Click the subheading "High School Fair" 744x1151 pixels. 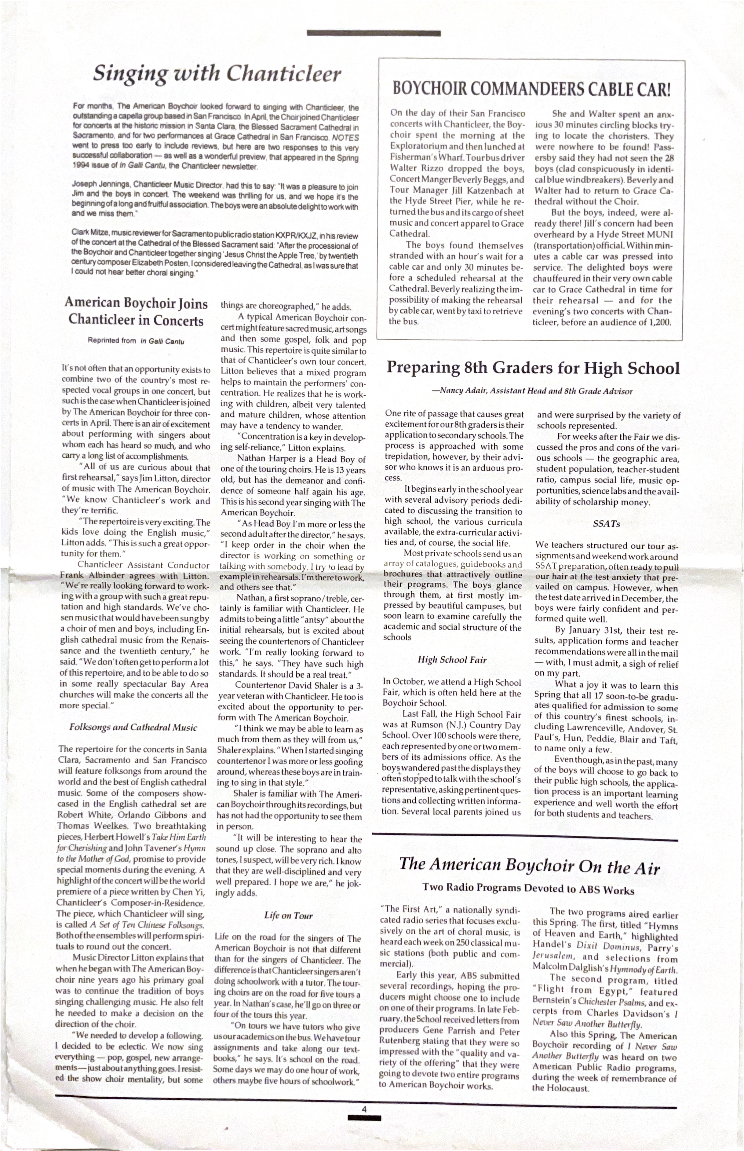click(x=452, y=660)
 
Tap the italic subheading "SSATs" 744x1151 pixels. click(x=606, y=523)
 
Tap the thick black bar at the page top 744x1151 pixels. click(x=374, y=33)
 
